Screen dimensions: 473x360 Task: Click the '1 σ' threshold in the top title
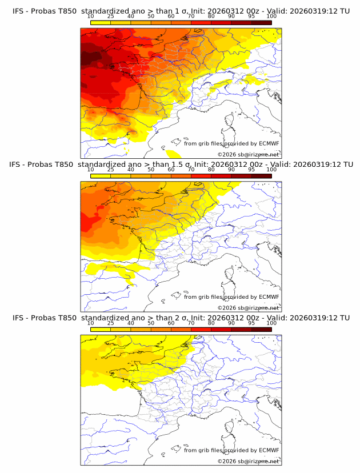point(181,11)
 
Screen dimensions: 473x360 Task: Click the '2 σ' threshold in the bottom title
point(181,318)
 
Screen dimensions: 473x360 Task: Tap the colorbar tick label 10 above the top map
point(91,17)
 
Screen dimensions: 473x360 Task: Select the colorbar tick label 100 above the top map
point(271,17)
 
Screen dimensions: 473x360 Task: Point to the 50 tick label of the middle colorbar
point(151,170)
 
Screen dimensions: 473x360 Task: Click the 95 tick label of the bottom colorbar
point(251,323)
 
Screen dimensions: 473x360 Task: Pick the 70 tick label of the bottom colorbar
point(191,323)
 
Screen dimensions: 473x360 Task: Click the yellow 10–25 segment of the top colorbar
point(101,22)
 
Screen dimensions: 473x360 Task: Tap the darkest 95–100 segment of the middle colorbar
point(261,175)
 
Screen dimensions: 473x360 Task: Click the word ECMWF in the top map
point(269,143)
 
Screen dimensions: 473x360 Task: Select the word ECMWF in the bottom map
point(269,450)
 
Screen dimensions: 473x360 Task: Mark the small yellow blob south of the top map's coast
point(172,153)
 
